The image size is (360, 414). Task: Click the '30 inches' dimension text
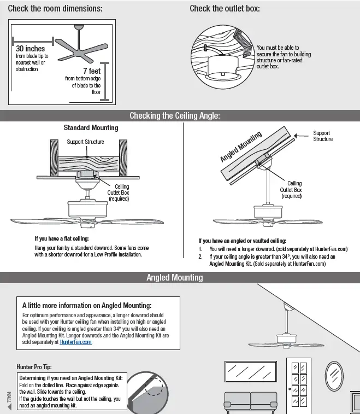pos(31,49)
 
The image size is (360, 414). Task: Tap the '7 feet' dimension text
pos(91,71)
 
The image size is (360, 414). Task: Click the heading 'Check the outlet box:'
pos(225,9)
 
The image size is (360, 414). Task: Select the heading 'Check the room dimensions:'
pos(55,9)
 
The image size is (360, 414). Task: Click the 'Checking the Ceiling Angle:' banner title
pos(175,115)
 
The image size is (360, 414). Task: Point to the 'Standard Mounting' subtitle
pos(91,128)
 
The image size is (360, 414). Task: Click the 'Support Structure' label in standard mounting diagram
pos(85,142)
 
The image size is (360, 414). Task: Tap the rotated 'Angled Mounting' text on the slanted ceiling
pos(241,146)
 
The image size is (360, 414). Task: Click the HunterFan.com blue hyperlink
pos(76,342)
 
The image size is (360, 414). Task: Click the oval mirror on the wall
pos(334,376)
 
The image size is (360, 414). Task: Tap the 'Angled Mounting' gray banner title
pos(175,277)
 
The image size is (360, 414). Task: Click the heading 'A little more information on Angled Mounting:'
pos(87,305)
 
